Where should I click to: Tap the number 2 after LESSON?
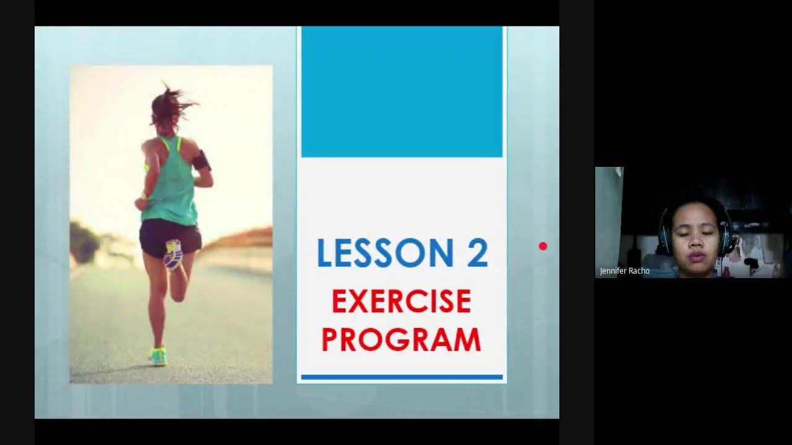pyautogui.click(x=477, y=253)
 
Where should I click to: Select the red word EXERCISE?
pyautogui.click(x=402, y=302)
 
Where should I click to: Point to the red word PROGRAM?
pyautogui.click(x=401, y=340)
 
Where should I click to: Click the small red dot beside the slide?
pyautogui.click(x=543, y=247)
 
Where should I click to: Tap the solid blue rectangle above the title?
pyautogui.click(x=402, y=91)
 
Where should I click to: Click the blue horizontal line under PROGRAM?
pyautogui.click(x=402, y=376)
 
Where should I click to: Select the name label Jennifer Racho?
pyautogui.click(x=624, y=271)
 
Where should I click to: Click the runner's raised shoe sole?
pyautogui.click(x=173, y=254)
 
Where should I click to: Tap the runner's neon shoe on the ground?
pyautogui.click(x=158, y=357)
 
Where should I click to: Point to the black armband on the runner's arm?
pyautogui.click(x=201, y=161)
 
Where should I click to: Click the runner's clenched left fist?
pyautogui.click(x=142, y=203)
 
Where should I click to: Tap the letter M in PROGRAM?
pyautogui.click(x=466, y=340)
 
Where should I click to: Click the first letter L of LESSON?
pyautogui.click(x=324, y=253)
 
